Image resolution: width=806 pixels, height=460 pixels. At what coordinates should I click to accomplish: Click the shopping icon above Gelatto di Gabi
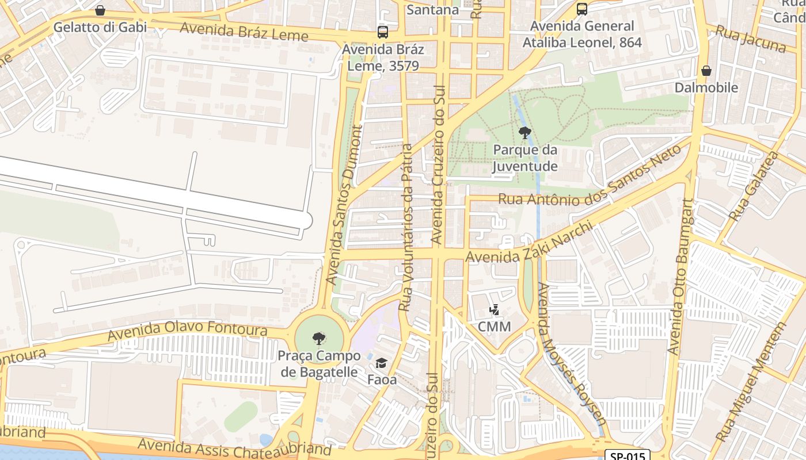coord(100,10)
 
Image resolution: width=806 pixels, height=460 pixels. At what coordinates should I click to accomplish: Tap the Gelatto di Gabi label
coord(100,27)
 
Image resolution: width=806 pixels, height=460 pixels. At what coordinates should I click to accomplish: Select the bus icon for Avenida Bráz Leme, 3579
coord(382,32)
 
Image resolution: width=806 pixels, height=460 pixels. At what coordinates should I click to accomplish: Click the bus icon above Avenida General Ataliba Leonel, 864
coord(582,9)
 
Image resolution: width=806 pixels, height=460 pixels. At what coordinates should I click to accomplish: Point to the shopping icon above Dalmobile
coord(706,71)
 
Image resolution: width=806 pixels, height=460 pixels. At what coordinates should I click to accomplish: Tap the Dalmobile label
coord(706,88)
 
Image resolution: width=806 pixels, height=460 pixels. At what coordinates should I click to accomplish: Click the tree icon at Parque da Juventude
coord(524,133)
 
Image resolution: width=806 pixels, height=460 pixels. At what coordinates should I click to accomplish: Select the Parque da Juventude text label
coord(525,158)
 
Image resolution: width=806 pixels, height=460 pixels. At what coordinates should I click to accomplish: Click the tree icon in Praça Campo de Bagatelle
coord(318,339)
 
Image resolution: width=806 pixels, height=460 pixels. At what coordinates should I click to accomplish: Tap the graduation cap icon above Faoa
coord(381,363)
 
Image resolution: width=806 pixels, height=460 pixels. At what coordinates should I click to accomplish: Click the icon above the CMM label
coord(494,310)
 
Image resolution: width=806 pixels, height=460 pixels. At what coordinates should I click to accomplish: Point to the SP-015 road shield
coord(627,455)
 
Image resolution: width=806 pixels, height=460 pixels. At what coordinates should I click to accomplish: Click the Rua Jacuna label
coord(750,39)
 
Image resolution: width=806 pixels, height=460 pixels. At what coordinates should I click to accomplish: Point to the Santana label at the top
coord(433,10)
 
